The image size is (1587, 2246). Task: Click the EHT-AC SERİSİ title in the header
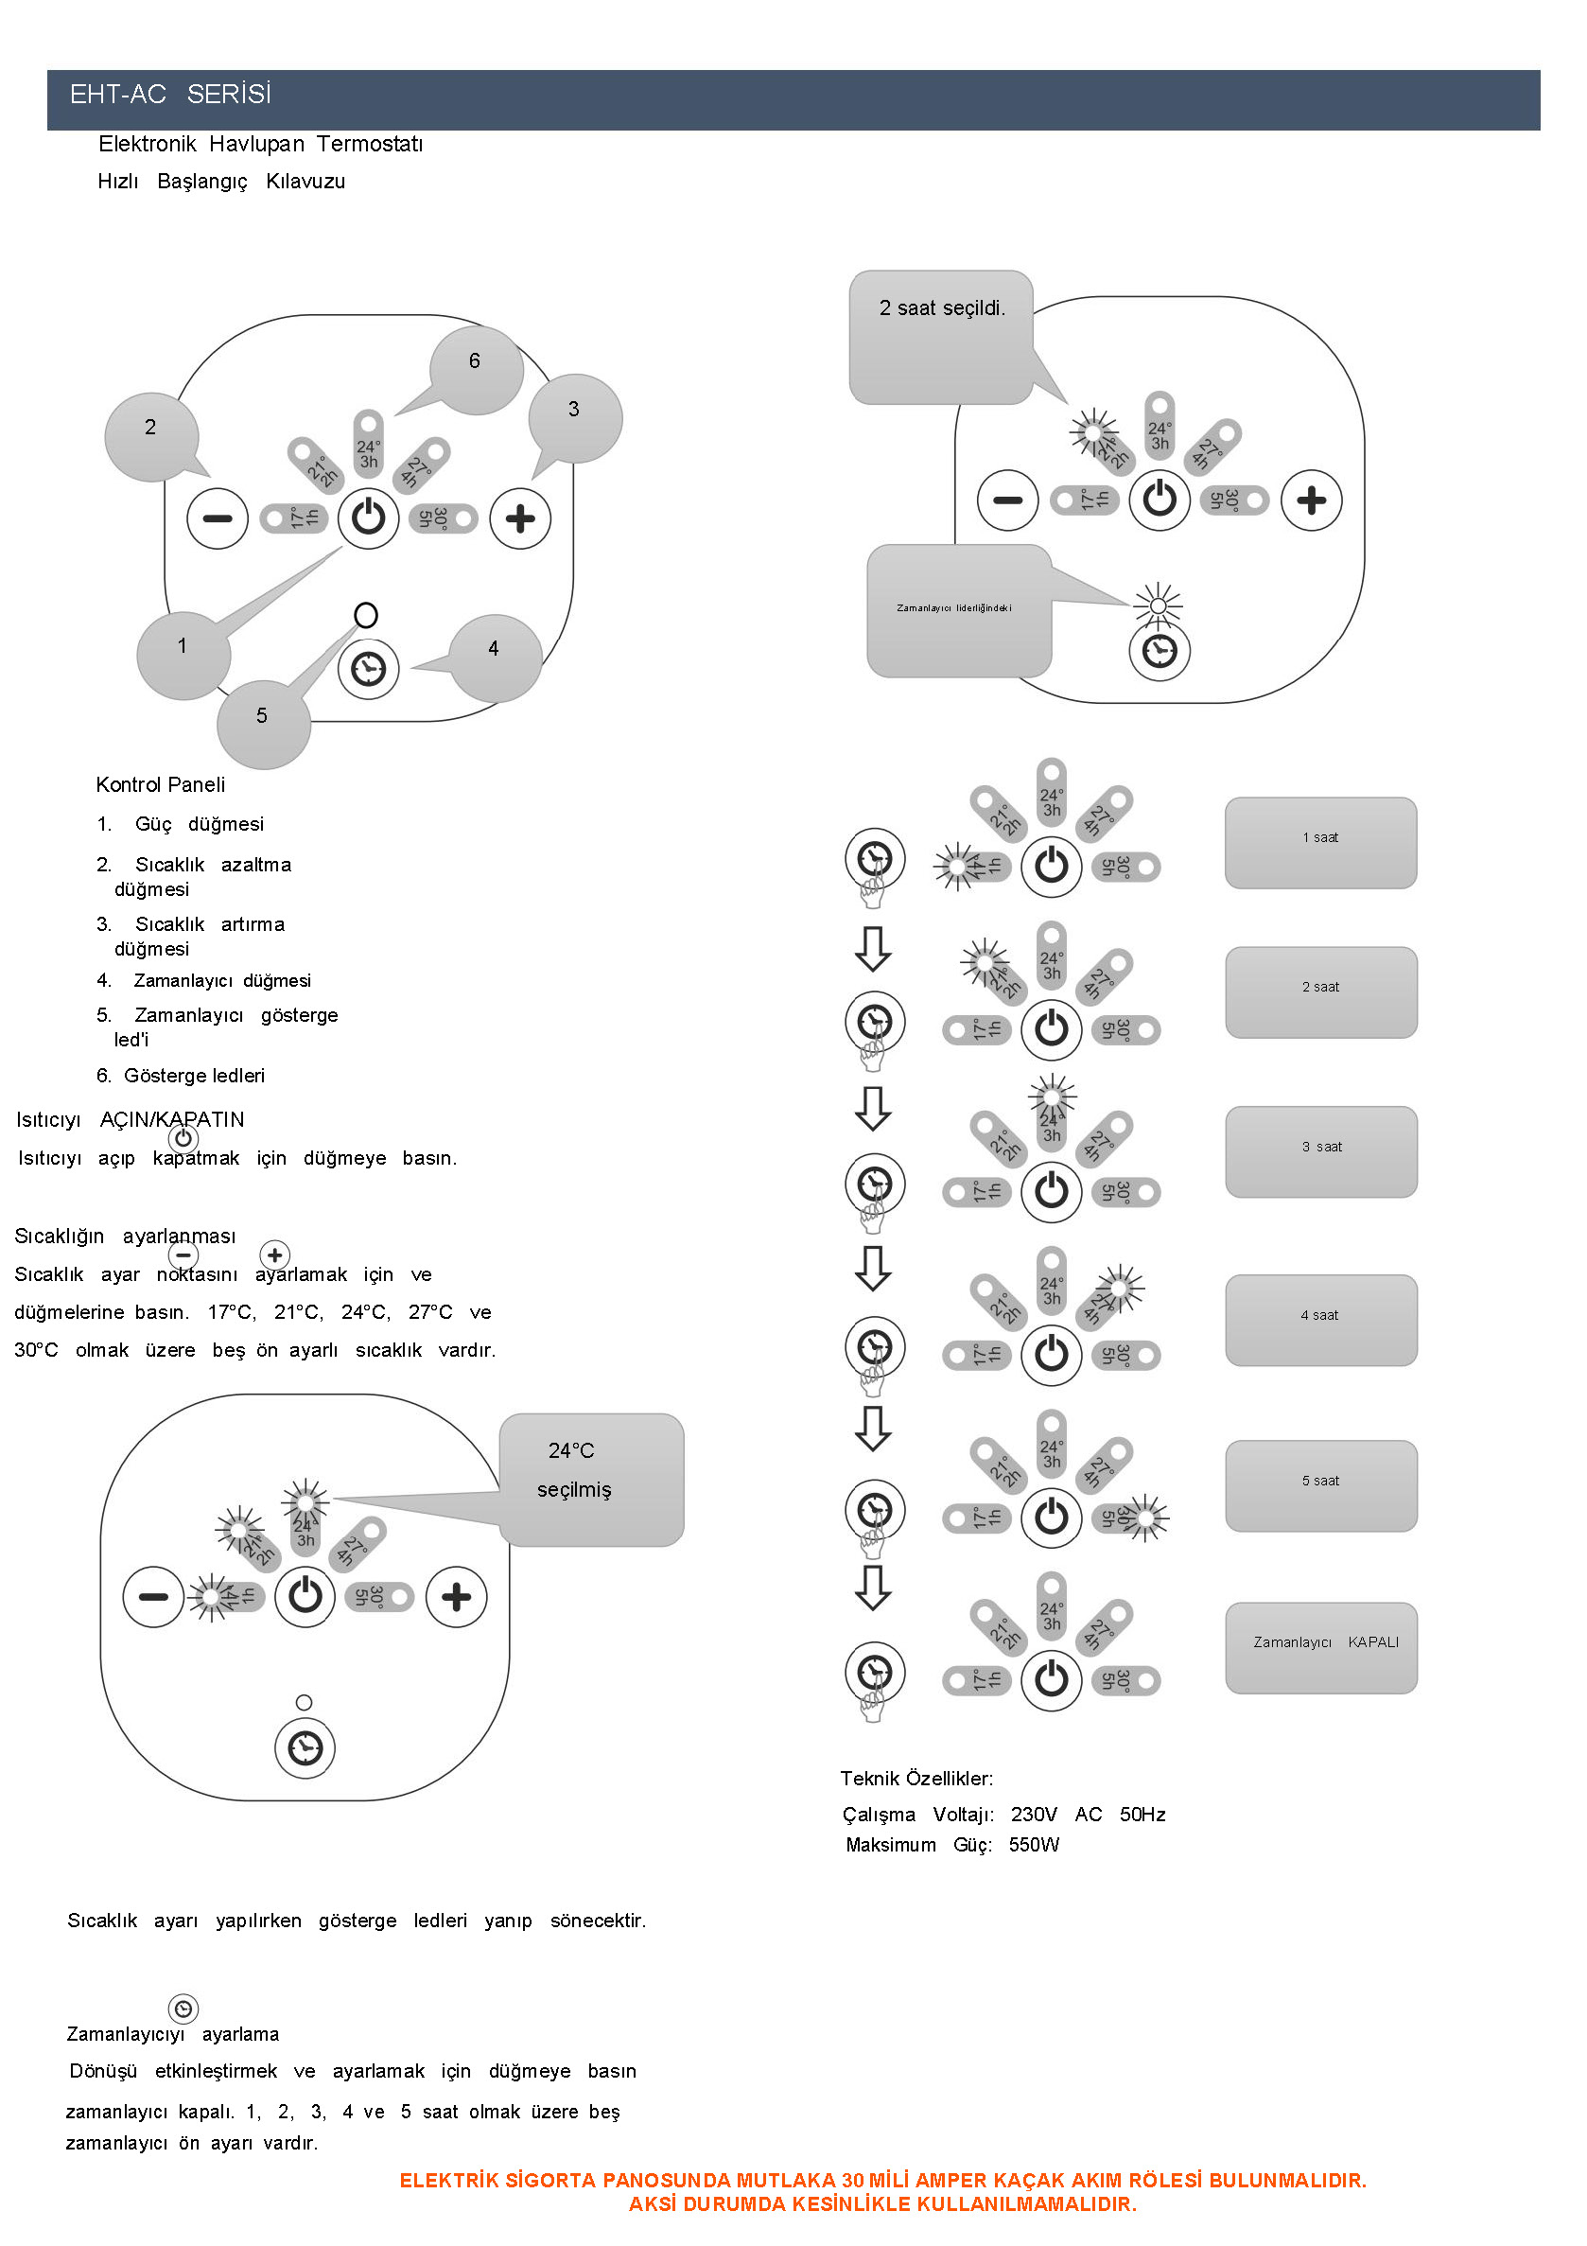pos(170,94)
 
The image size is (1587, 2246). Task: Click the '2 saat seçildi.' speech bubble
pos(941,333)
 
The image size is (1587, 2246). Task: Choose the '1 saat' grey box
pos(1320,842)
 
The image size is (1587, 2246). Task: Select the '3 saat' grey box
pos(1320,1151)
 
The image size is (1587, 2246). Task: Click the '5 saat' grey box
pos(1320,1485)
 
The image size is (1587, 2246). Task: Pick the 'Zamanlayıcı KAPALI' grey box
pos(1320,1647)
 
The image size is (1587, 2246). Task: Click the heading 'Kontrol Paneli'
pos(161,784)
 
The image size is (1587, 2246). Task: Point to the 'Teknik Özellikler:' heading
pos(916,1779)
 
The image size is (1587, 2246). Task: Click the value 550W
pos(1034,1845)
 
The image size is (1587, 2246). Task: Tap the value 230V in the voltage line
pos(1034,1815)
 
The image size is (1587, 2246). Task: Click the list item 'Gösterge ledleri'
pos(194,1076)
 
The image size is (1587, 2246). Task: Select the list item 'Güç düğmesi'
pos(199,825)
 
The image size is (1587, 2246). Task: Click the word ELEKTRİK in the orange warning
pos(448,2181)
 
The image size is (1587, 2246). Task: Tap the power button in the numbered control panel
pos(368,518)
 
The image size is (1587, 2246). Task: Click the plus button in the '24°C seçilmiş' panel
pos(457,1597)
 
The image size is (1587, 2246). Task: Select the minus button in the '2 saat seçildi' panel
pos(1007,500)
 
